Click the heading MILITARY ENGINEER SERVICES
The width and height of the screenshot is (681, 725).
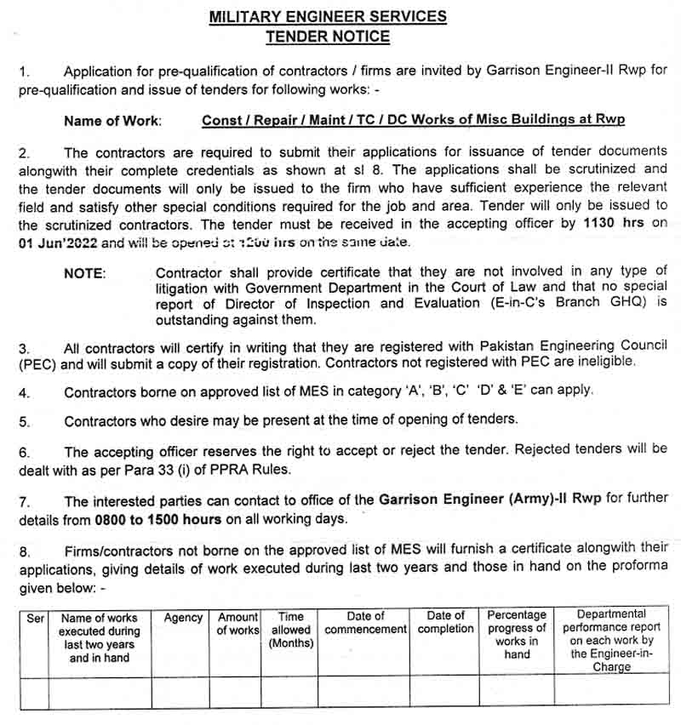coord(328,16)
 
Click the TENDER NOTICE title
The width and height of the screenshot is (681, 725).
coord(328,37)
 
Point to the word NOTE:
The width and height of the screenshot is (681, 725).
coord(85,273)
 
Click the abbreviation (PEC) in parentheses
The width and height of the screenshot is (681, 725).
coord(38,362)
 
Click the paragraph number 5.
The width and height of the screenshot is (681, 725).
coord(25,421)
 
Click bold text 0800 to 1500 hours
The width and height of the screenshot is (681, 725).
coord(148,519)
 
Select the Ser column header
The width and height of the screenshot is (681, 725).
coord(35,619)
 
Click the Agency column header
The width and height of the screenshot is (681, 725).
coord(183,619)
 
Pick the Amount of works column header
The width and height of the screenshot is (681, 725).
coord(238,624)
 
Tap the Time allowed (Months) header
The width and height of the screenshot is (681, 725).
coord(291,630)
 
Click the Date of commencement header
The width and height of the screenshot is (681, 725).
coord(366,623)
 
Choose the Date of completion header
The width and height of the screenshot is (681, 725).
coord(445,623)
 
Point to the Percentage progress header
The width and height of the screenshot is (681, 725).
coord(517,635)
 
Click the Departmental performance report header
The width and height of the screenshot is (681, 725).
coord(611,640)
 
